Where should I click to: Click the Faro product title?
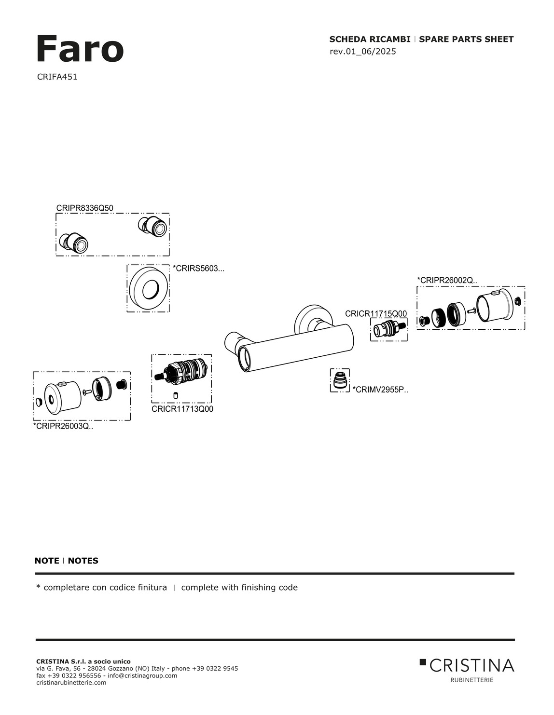tap(80, 49)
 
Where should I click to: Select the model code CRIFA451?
tap(57, 77)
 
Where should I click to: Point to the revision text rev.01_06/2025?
tap(362, 52)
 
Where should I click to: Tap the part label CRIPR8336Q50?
tap(84, 208)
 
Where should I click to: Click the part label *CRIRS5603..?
tap(198, 269)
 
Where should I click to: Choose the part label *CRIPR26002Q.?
tap(447, 280)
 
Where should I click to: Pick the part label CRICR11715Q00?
tap(376, 314)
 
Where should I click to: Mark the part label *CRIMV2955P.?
tap(380, 390)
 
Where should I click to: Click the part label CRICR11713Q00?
tap(182, 409)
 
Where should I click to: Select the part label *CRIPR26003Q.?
tap(63, 426)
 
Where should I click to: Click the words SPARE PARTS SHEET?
tap(466, 40)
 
